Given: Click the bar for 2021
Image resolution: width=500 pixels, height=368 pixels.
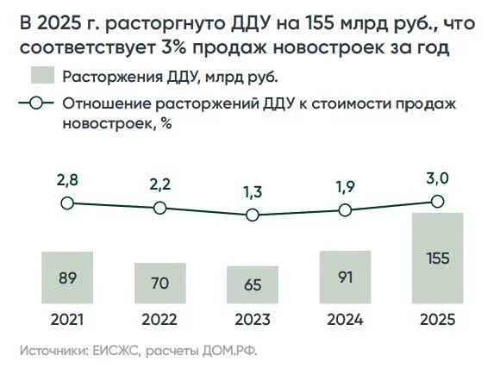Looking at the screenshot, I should [66, 278].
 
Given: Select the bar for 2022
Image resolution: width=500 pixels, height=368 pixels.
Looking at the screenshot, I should [159, 283].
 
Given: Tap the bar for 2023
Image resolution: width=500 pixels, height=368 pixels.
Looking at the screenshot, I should [252, 284].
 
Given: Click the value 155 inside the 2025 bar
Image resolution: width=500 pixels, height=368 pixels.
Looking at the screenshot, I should [437, 258].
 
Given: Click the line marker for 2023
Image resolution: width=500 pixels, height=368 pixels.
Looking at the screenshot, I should [252, 215].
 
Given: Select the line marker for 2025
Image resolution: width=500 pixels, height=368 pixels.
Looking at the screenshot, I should [437, 201].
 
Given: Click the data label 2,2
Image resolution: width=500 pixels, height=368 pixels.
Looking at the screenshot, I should [159, 185].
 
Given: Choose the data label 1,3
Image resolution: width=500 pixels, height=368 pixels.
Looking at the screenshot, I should [252, 192].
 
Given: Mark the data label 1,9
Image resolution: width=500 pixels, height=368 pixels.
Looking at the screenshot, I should [345, 187].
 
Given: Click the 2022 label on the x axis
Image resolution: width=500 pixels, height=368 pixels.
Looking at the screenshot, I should [159, 319].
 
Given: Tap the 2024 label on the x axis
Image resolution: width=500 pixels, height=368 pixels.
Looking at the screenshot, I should [345, 319].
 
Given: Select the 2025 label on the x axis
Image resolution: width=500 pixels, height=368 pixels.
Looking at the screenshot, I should [437, 319].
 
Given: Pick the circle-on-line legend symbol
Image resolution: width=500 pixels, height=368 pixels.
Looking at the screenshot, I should [34, 104].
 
